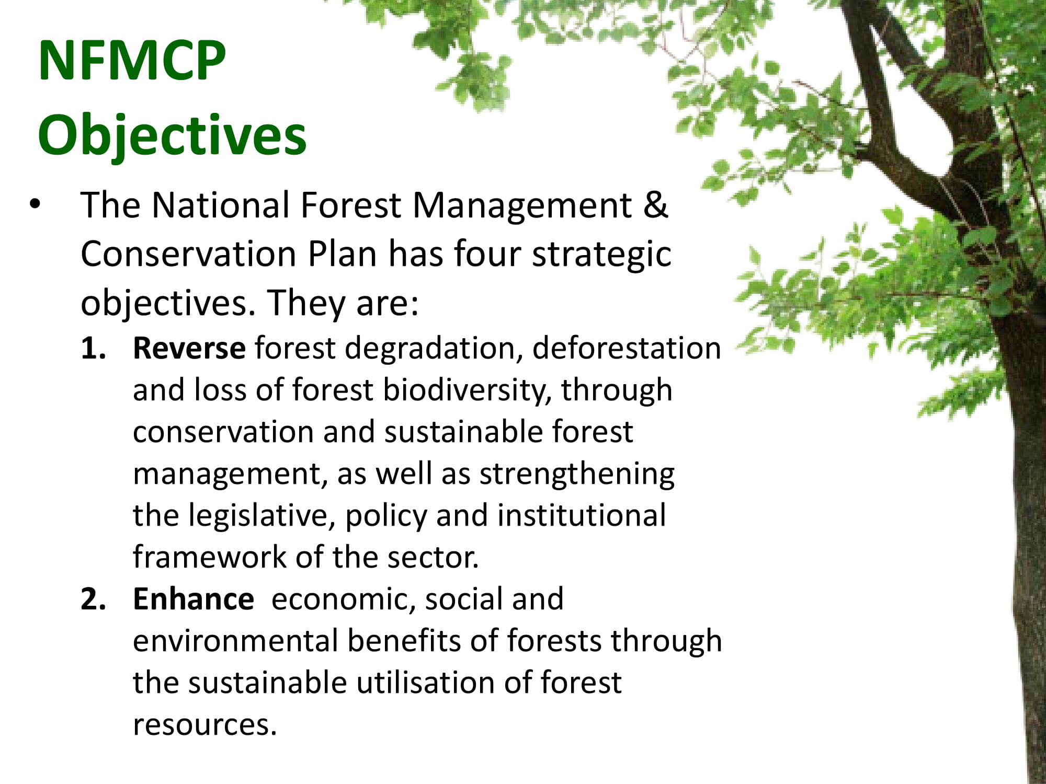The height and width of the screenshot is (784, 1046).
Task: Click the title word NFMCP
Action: click(132, 61)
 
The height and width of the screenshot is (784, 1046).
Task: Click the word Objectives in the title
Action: click(172, 135)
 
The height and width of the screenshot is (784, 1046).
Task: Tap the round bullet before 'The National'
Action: click(35, 204)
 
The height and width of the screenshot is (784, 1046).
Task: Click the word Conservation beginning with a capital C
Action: click(189, 254)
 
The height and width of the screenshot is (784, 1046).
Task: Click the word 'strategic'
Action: click(601, 255)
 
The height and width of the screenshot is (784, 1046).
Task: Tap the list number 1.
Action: click(93, 348)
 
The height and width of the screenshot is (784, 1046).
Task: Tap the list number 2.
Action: click(93, 599)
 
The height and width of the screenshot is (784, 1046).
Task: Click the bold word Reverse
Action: click(189, 348)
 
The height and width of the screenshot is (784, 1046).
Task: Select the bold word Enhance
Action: click(194, 599)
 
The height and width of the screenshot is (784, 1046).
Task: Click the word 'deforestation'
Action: click(627, 348)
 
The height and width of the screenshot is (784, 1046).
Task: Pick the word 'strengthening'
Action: click(577, 475)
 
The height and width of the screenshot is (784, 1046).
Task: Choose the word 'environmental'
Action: click(236, 641)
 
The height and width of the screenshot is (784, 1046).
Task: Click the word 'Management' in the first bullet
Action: click(522, 205)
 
